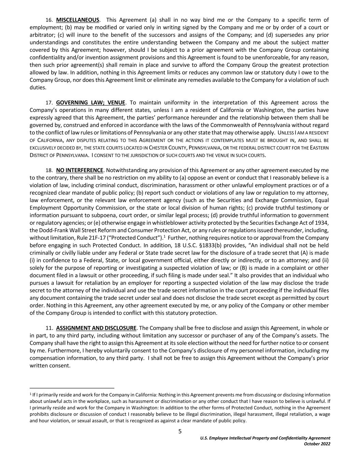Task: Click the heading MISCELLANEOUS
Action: [78, 20]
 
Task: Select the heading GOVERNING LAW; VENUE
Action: [91, 102]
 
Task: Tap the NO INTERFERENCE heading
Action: [80, 170]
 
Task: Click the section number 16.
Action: [49, 20]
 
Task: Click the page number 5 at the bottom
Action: [180, 432]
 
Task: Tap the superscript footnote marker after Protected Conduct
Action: [164, 236]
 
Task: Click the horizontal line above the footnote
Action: [72, 388]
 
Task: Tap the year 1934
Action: [323, 223]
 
